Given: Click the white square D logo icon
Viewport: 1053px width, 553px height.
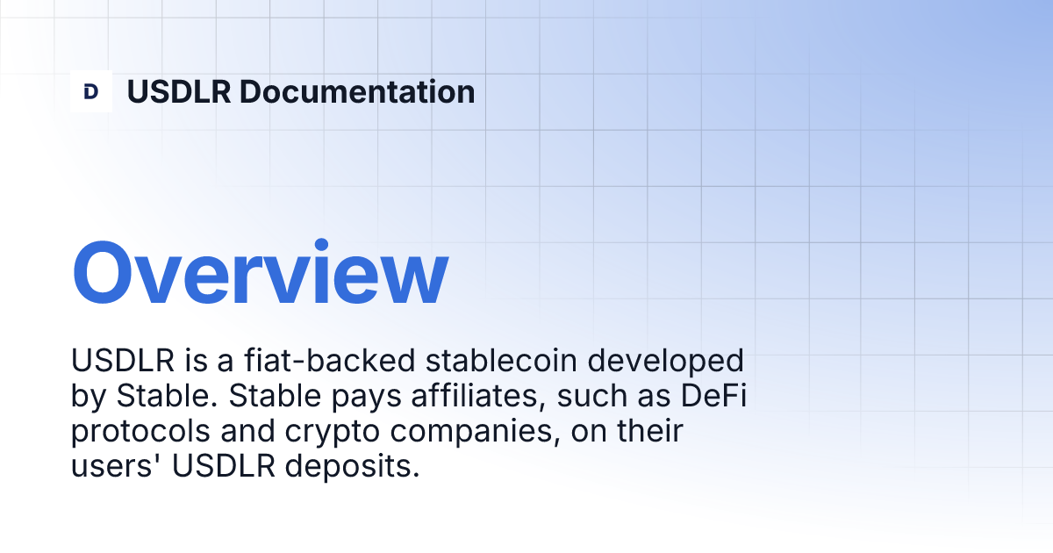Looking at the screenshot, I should (91, 91).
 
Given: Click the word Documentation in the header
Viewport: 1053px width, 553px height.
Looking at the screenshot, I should (357, 91).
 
